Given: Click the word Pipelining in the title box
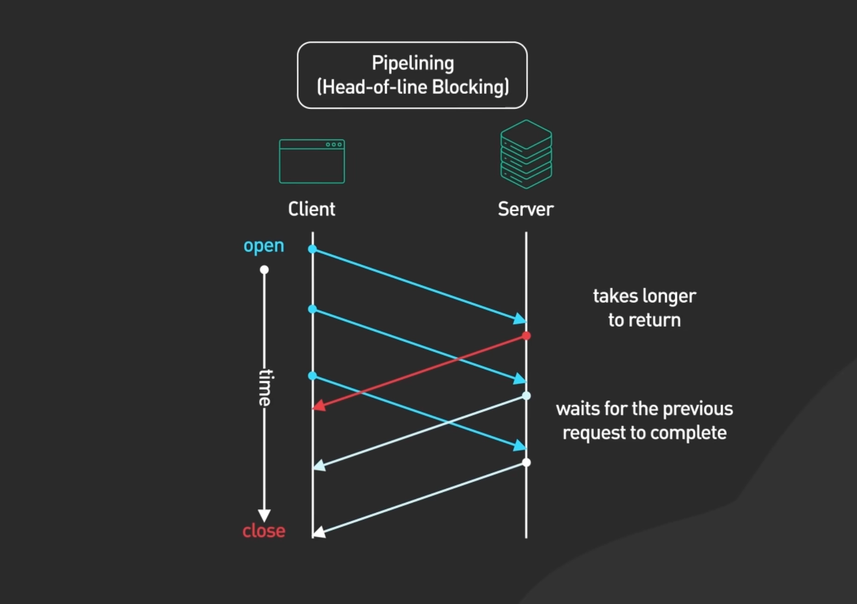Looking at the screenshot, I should pos(412,64).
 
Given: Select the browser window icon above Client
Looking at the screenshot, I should pos(312,162).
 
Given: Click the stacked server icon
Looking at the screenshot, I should pos(526,154).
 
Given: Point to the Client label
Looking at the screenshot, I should pos(312,209).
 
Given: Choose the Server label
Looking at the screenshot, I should pos(526,209).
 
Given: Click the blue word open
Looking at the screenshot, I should pos(264,246).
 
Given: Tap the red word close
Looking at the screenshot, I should pos(264,531).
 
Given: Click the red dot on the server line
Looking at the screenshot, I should pos(526,336).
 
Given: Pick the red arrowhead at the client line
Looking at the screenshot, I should pos(318,406).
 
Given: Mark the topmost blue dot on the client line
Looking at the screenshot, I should pos(313,249).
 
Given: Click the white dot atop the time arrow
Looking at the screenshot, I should pos(264,269).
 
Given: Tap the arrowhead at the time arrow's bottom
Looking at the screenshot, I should pos(264,515).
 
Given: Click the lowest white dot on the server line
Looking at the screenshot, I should pos(526,462).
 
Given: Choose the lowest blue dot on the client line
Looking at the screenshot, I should pos(313,376).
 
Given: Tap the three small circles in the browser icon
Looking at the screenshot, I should pos(334,145).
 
